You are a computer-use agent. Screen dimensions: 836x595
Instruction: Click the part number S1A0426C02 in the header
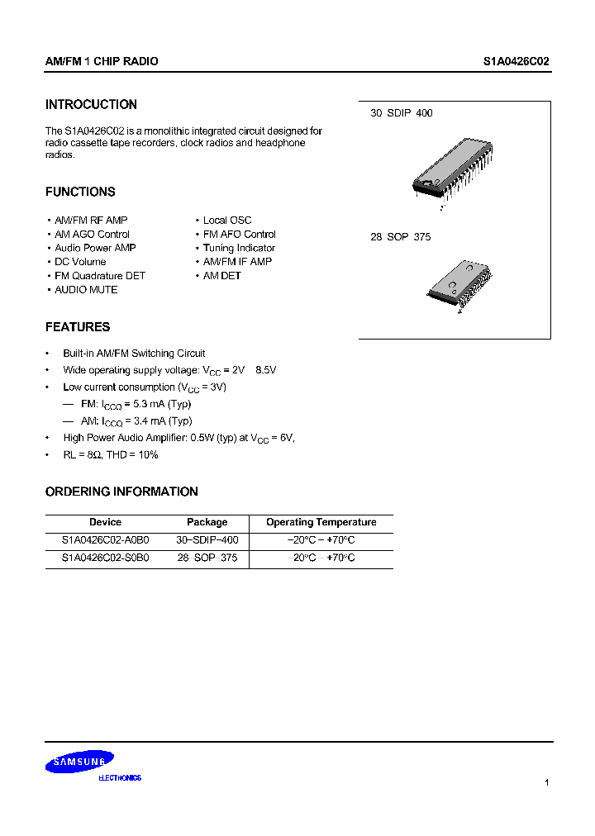[x=516, y=62]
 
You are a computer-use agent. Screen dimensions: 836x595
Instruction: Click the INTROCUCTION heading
[x=91, y=105]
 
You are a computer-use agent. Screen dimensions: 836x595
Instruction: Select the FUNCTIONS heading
[x=80, y=192]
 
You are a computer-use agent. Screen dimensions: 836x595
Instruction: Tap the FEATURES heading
[x=78, y=327]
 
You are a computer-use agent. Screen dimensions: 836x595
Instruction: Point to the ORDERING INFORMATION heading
[x=121, y=492]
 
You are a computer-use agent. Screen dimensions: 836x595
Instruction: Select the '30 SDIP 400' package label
[x=401, y=113]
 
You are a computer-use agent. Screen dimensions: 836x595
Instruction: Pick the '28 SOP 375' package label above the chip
[x=400, y=237]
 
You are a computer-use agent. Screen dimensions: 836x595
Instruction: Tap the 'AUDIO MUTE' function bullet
[x=86, y=290]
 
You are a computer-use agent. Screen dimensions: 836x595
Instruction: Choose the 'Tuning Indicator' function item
[x=239, y=248]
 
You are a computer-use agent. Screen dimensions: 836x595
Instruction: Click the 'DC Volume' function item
[x=80, y=262]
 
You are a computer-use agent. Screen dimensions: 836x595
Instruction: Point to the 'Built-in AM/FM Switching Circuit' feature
[x=134, y=354]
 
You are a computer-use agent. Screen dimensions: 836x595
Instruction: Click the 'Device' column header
[x=105, y=522]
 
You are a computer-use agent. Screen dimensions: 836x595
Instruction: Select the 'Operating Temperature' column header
[x=321, y=522]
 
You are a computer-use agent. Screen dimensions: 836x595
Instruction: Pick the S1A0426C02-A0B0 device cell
[x=105, y=540]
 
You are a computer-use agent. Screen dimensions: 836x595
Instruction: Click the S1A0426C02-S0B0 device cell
[x=105, y=558]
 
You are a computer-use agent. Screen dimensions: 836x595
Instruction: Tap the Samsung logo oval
[x=79, y=762]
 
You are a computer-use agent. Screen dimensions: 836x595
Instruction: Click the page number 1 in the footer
[x=546, y=782]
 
